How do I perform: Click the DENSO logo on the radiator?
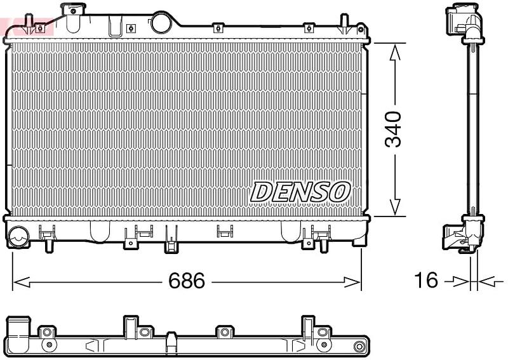300,192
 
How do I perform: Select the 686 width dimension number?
187,281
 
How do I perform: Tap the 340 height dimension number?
393,130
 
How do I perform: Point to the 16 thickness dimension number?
426,280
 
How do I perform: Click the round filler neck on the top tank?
161,22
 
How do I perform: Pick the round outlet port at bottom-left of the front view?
18,237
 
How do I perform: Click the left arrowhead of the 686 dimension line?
22,282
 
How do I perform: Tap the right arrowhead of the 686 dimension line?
352,282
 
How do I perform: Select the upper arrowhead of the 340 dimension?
395,53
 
